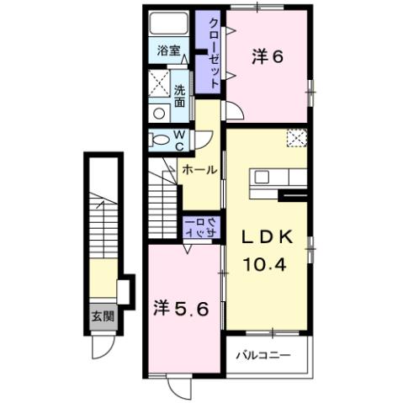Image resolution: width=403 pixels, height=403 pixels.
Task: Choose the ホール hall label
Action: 200,170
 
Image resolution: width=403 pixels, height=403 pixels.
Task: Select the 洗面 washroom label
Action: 180,95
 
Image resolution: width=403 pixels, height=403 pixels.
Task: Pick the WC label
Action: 180,139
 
